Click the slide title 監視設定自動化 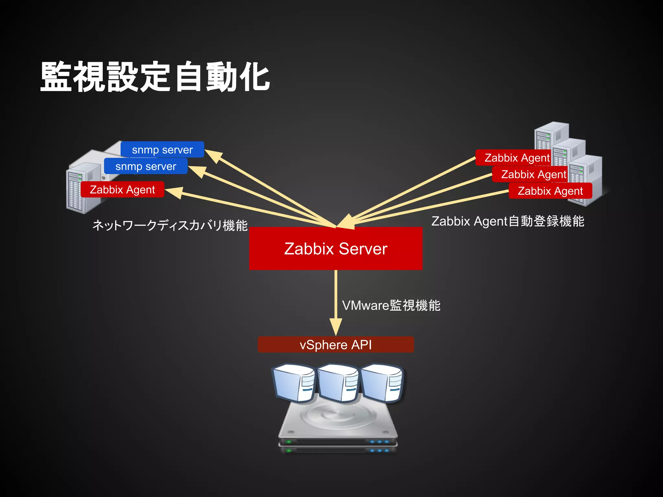coord(155,77)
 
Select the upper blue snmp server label coord(162,149)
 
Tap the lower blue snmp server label coord(146,166)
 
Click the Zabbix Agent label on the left coord(122,189)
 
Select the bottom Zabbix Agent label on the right coord(550,191)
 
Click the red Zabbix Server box coord(336,248)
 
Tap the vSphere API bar coord(336,345)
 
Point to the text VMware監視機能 coord(391,305)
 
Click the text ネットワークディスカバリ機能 coord(170,225)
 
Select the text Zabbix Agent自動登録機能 coord(508,221)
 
